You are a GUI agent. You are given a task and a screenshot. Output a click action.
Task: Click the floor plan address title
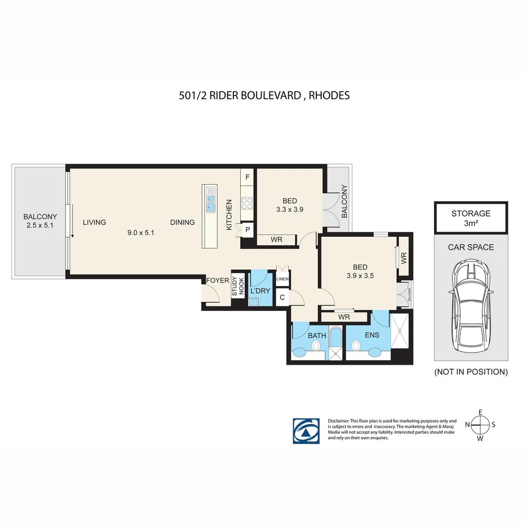click(264, 95)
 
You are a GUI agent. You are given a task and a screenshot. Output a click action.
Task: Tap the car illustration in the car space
click(471, 305)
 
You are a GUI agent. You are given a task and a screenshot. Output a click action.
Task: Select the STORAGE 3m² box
click(471, 218)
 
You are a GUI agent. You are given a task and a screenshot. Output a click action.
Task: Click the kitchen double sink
click(210, 200)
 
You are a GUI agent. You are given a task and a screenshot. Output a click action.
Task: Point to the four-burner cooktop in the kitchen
click(247, 203)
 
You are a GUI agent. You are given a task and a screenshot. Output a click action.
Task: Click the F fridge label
click(247, 177)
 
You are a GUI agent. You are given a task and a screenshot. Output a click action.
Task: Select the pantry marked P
click(247, 230)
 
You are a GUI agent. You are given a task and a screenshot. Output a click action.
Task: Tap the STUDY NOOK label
click(238, 286)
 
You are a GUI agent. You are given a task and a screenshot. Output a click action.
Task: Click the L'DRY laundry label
click(260, 291)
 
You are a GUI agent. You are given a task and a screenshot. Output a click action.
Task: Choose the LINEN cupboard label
click(282, 279)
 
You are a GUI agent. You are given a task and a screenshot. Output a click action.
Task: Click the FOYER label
click(218, 281)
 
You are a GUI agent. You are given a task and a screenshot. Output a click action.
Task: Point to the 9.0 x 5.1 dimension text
click(141, 232)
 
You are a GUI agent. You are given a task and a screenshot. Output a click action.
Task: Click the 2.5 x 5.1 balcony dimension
click(40, 225)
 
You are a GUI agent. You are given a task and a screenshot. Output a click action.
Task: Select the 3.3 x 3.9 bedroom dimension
click(290, 209)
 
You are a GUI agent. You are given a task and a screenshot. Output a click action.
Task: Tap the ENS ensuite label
click(372, 335)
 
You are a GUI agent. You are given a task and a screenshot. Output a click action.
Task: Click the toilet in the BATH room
click(316, 345)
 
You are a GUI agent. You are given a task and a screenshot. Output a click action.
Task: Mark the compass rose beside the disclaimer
click(480, 425)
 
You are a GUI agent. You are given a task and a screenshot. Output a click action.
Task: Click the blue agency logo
click(306, 431)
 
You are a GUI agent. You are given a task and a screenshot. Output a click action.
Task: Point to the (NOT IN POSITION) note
click(471, 372)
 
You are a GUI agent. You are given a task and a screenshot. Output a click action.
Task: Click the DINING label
click(183, 222)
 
